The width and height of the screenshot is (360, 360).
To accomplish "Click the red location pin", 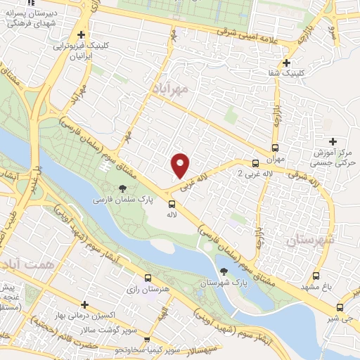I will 181,165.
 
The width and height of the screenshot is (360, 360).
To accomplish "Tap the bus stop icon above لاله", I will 171,204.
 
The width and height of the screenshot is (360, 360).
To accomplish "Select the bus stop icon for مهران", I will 274,148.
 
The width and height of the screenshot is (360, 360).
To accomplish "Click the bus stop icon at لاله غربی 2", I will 255,163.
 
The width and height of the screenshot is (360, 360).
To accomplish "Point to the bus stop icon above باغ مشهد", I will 316,276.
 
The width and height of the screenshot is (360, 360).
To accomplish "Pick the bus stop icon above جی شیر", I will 340,307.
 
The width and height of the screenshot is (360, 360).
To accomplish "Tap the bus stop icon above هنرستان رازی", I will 147,278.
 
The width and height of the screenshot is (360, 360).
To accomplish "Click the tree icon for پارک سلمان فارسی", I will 123,188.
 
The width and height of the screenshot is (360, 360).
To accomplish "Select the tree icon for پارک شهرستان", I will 224,271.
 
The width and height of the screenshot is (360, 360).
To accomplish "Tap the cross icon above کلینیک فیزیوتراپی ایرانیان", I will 82,34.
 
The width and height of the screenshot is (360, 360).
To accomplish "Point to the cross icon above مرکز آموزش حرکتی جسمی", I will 333,141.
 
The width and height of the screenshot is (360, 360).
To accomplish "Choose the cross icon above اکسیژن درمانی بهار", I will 84,304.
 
